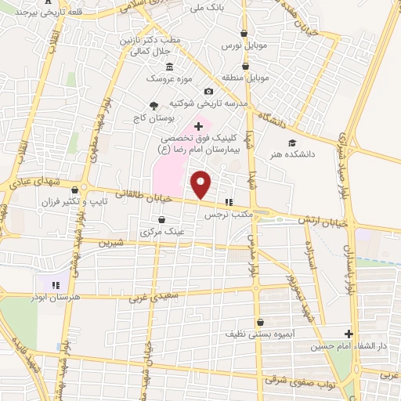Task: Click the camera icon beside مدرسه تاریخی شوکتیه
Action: pyautogui.click(x=208, y=91)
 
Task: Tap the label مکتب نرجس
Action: pyautogui.click(x=226, y=214)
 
